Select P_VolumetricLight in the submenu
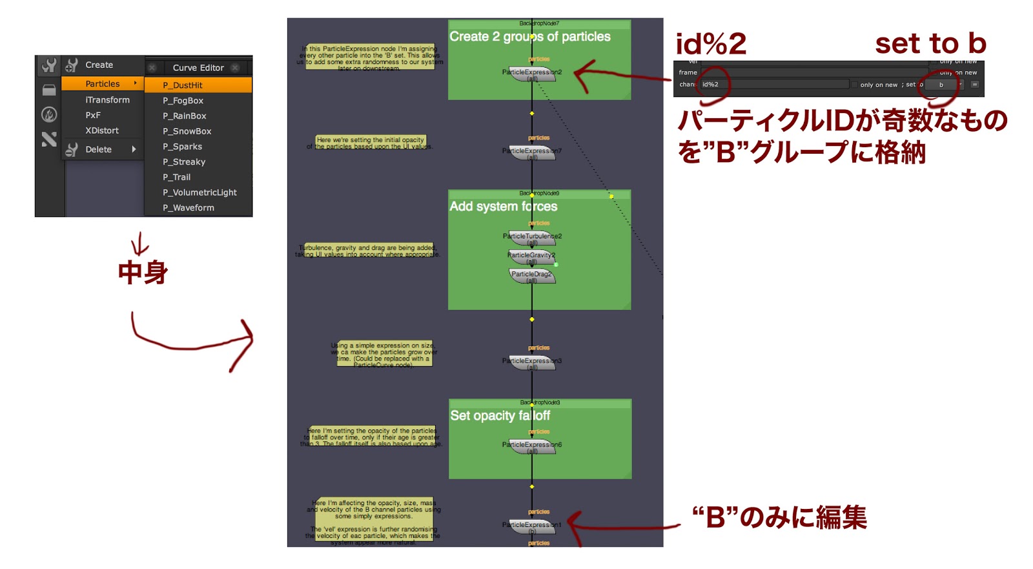tap(199, 192)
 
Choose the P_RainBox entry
tap(185, 116)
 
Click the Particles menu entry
tap(103, 83)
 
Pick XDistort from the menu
tap(102, 130)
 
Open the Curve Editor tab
tap(198, 67)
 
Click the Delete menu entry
tap(99, 149)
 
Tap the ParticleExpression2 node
tap(532, 72)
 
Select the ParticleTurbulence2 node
tap(532, 237)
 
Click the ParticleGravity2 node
tap(531, 256)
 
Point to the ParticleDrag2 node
tap(531, 275)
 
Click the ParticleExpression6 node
tap(532, 446)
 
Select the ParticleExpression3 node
tap(532, 362)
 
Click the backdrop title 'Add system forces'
tap(504, 207)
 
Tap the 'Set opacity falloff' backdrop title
tap(500, 416)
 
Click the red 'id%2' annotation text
tap(711, 44)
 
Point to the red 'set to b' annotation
tap(930, 44)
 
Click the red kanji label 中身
tap(143, 272)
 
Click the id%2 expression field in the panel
tap(775, 85)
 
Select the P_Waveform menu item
tap(189, 207)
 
